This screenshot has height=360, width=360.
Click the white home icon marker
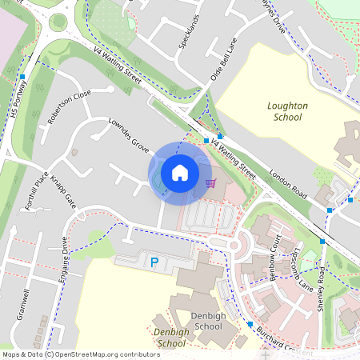click(x=180, y=172)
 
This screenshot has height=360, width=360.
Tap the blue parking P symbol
click(x=154, y=262)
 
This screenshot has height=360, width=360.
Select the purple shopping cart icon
click(x=210, y=183)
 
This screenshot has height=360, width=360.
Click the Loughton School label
click(x=286, y=111)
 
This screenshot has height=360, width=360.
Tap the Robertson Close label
click(x=69, y=108)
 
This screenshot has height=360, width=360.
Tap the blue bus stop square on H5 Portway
click(x=23, y=77)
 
